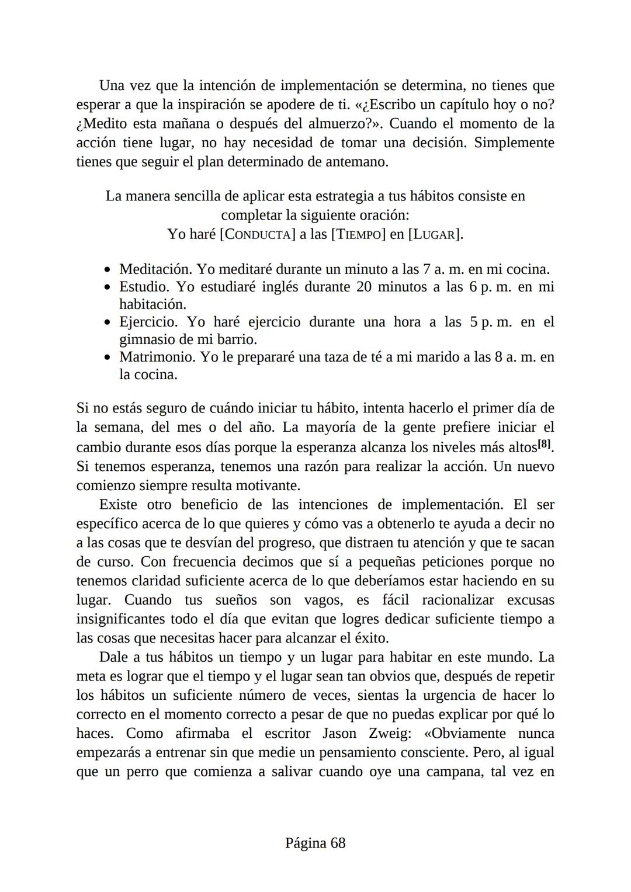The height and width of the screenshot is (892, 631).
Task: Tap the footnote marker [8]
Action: click(544, 444)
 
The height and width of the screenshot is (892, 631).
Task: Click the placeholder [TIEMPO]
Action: click(358, 234)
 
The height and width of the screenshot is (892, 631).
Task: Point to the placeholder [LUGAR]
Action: click(435, 234)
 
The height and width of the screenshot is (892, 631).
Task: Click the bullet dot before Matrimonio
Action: click(107, 358)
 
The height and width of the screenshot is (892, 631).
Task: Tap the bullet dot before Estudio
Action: click(107, 287)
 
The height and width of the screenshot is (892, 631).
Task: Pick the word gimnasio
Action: click(147, 339)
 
